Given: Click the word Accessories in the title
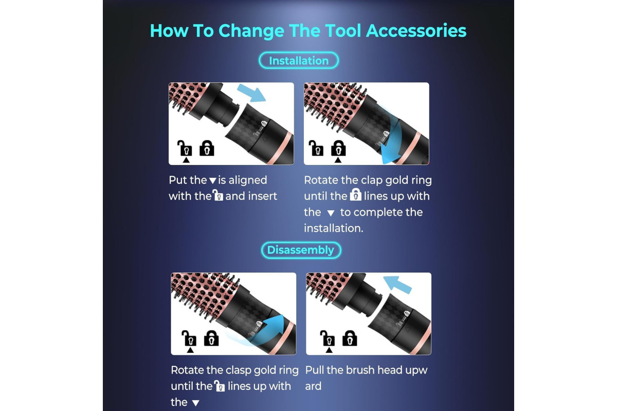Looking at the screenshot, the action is click(416, 30).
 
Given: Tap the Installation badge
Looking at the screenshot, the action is click(299, 61).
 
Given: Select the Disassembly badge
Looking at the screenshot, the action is click(301, 250).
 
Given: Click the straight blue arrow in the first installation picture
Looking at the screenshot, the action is click(251, 94).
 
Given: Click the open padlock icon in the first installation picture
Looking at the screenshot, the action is click(184, 148).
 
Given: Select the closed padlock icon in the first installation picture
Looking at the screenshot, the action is click(207, 148).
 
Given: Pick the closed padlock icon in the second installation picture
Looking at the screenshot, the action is click(338, 148).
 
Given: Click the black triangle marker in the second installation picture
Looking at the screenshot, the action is click(338, 160).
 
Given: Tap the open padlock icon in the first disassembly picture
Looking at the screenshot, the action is click(189, 339).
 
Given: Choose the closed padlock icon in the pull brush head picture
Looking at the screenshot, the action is click(350, 338).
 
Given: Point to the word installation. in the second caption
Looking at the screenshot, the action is click(334, 228).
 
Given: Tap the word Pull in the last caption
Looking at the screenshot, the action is click(315, 370).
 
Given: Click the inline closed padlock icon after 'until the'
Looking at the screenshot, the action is click(356, 195).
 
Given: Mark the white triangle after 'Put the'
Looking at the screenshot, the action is click(213, 181).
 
